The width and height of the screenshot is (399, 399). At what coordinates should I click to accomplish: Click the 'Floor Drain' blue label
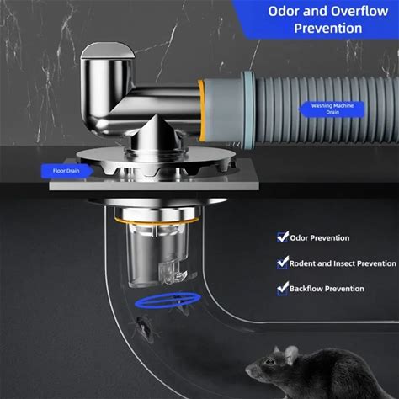(x=66, y=171)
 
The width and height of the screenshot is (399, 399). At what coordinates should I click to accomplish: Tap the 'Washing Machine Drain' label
(x=332, y=109)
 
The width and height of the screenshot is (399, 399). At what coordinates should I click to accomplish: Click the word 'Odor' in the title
(x=284, y=11)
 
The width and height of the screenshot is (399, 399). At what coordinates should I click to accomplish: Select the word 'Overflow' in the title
(x=359, y=11)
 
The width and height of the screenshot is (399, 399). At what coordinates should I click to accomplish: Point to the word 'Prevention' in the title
(x=328, y=29)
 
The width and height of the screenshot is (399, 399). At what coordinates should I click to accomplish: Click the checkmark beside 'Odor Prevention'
(x=283, y=237)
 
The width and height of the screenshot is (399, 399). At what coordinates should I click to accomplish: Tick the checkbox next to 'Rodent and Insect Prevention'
(x=283, y=263)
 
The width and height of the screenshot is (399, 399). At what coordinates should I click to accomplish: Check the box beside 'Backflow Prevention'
(x=283, y=288)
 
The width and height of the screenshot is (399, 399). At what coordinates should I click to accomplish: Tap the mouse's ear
(x=291, y=354)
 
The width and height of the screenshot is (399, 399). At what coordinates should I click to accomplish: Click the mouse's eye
(x=270, y=362)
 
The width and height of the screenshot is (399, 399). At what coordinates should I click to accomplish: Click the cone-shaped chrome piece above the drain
(x=156, y=132)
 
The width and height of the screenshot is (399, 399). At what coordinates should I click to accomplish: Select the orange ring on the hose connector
(x=201, y=110)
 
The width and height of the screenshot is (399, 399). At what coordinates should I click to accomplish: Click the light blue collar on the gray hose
(x=249, y=109)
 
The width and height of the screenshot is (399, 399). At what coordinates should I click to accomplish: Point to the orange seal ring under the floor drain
(x=157, y=221)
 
